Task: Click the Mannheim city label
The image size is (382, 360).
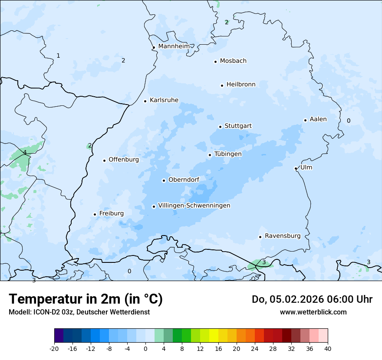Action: point(174,46)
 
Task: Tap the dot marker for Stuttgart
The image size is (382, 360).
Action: point(220,127)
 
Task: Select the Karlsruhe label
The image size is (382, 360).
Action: point(164,100)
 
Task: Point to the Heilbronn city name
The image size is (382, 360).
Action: point(241,85)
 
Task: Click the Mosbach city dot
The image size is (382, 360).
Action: point(215,62)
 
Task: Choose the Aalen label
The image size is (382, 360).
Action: point(318,119)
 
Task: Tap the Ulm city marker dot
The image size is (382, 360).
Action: point(296,168)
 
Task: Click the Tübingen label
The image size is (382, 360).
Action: point(228,154)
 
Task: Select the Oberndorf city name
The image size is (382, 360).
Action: point(184,180)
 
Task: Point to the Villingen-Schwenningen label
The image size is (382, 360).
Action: point(194,206)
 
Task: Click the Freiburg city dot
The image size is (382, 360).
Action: point(95,214)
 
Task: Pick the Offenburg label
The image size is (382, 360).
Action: point(124,160)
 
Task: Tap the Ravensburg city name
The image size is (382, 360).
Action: point(283,236)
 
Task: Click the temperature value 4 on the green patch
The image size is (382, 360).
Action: point(25,152)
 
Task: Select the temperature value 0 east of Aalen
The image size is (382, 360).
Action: point(349,121)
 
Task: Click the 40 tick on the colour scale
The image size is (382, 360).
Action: point(328,348)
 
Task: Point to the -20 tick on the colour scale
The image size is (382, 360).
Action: point(54,348)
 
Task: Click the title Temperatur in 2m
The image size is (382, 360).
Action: point(86,299)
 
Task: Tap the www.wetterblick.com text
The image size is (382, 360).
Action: point(313,312)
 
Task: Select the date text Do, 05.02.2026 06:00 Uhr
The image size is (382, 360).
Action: point(312,299)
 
